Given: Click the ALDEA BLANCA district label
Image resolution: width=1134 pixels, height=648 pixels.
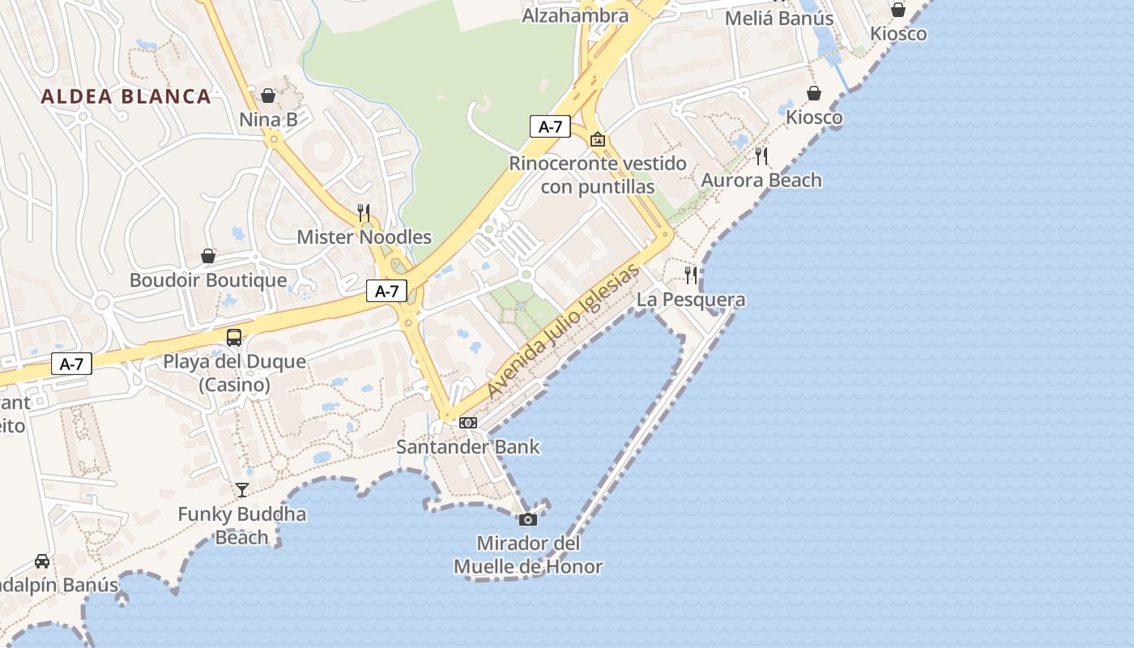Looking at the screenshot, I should point(126,96).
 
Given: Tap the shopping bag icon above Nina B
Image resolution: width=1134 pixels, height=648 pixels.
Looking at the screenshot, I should point(268,96).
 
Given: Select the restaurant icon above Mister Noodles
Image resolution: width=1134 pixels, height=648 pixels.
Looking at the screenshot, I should point(364,213).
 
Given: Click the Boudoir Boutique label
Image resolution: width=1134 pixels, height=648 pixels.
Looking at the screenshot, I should point(208,280).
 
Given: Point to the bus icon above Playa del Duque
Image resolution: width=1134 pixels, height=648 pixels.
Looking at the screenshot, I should point(234,338).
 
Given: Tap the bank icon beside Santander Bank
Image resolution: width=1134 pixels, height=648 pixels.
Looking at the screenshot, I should point(468,422).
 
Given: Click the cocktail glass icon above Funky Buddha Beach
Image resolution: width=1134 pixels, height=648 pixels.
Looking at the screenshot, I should point(242,489).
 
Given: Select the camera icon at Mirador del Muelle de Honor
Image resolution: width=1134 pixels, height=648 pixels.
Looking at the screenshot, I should point(528,519).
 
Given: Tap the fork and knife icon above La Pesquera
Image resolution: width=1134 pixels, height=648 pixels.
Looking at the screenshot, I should point(690,275).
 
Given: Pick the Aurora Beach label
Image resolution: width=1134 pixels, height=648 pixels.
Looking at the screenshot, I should point(761,180).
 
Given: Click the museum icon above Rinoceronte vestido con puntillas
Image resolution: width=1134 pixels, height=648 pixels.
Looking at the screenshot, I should point(598,139).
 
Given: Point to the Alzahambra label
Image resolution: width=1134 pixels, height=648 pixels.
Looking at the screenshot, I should point(575,15).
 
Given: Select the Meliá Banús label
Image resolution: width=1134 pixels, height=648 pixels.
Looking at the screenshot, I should point(779,18).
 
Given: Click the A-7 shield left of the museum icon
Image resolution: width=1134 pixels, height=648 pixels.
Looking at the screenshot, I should point(550,126).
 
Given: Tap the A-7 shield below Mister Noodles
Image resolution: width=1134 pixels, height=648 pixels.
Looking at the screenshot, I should point(386,291).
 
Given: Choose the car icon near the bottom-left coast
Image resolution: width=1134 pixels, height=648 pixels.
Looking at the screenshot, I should point(42,561).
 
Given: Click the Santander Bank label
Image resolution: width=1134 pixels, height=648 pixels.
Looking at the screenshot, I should point(467,446).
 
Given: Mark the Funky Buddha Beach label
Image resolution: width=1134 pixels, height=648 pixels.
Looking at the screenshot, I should point(242,525).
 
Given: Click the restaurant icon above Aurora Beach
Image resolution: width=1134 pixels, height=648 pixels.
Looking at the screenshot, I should point(761,156).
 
